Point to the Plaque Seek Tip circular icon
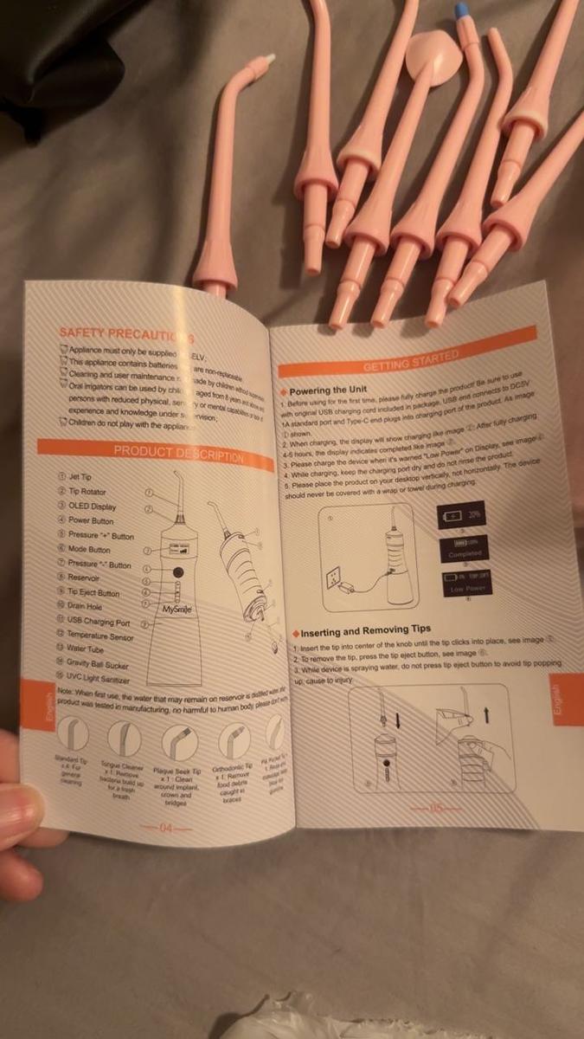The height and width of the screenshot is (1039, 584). click(x=180, y=742)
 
